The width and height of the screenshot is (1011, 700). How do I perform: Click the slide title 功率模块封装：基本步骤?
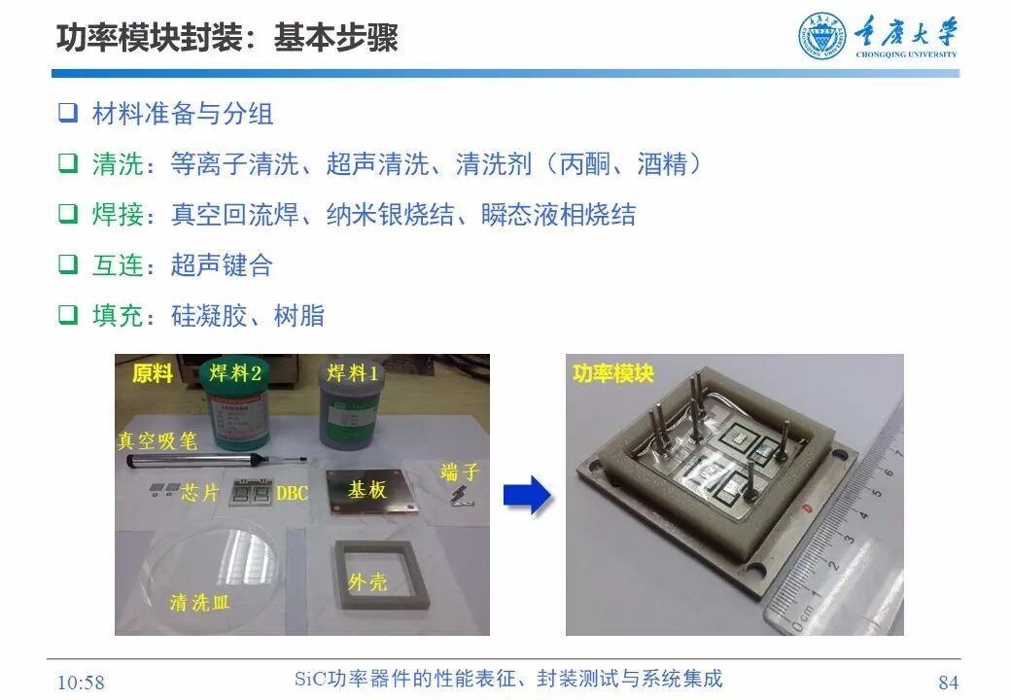227,38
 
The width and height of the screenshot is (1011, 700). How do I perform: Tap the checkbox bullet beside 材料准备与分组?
67,113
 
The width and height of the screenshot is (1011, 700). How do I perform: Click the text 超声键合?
222,265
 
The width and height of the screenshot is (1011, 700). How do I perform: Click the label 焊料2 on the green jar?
235,372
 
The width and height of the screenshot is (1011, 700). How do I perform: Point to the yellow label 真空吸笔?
157,440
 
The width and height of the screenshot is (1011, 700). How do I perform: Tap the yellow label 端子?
460,473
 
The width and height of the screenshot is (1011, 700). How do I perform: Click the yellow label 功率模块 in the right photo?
612,373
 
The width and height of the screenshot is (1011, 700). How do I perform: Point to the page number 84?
949,682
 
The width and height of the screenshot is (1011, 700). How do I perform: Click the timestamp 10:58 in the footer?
82,682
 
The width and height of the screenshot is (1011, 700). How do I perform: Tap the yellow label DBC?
292,494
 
